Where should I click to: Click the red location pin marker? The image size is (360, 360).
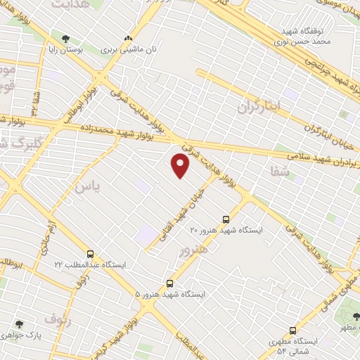coord(181,165)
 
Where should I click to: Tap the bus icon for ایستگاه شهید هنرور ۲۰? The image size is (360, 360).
coord(226,219)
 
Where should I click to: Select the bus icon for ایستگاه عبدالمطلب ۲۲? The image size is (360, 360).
coord(90,254)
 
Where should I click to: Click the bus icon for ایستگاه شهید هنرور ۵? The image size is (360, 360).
coord(168,283)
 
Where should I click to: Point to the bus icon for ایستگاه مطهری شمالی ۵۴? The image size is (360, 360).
coord(292,330)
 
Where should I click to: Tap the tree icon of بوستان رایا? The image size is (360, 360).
coord(66,38)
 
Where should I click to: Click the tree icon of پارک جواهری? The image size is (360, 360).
coord(20,324)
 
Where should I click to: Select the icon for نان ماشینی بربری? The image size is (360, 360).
coord(128,39)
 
